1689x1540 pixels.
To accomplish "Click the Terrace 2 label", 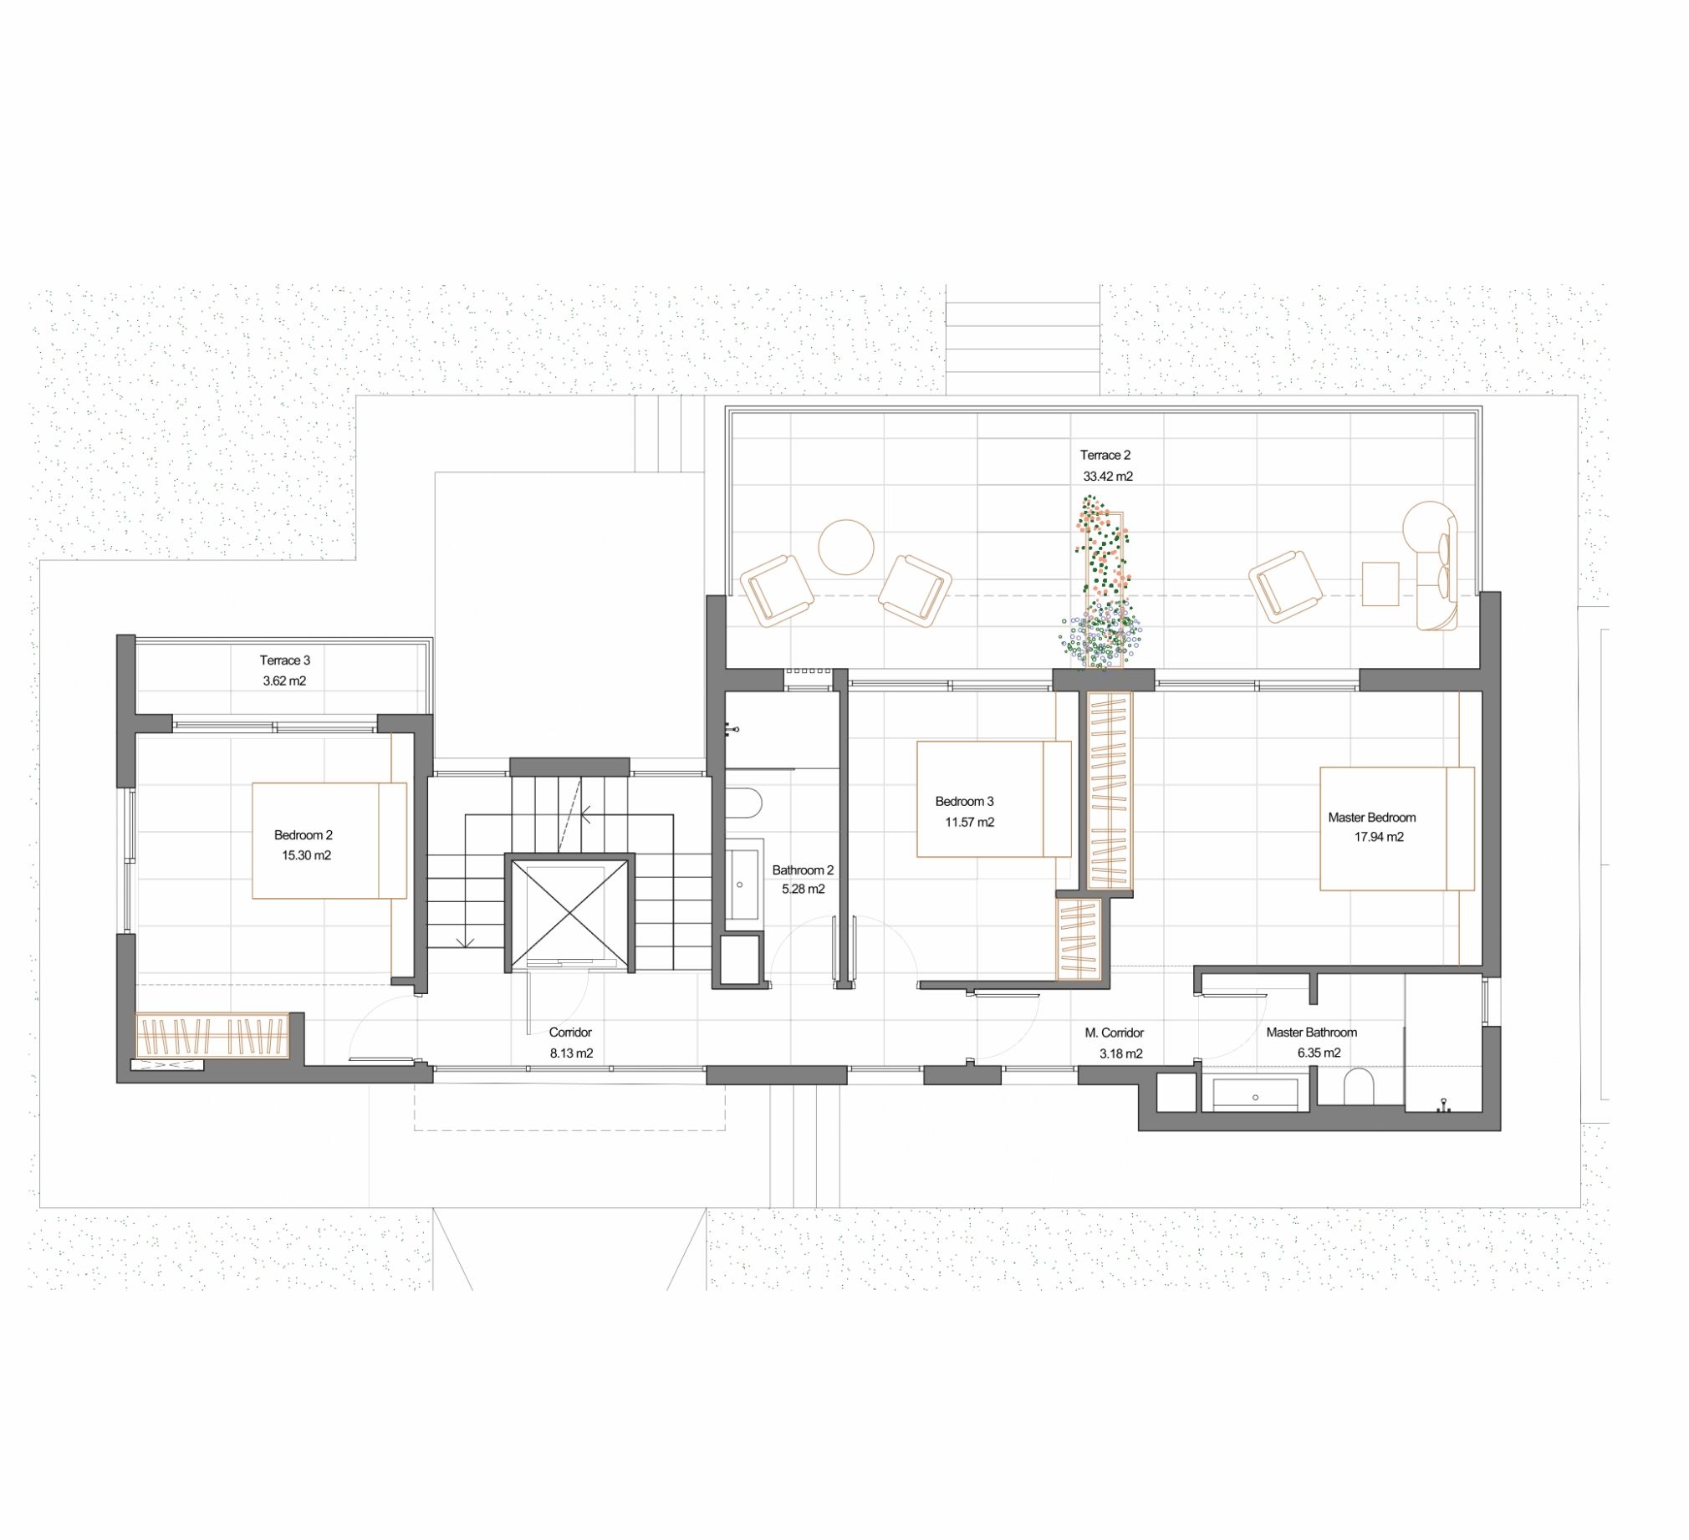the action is (1105, 455).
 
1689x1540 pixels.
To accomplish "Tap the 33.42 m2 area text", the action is (1108, 476).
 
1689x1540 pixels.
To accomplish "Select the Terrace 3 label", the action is (285, 660).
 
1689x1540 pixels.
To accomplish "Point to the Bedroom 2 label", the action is (304, 834).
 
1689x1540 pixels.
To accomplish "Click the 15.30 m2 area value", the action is (306, 855).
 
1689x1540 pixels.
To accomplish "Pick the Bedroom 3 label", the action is (964, 801).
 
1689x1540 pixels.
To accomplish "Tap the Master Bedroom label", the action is (1371, 817).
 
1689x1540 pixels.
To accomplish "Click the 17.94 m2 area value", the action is (1379, 836).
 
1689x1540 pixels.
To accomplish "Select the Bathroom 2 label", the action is (803, 869).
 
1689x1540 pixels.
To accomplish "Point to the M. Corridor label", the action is (1115, 1033).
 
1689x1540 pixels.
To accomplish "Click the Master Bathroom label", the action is (1311, 1033).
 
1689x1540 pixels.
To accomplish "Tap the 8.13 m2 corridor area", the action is (571, 1053).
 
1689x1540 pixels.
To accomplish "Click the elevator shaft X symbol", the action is (569, 912).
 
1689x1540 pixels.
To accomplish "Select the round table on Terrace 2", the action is (846, 547).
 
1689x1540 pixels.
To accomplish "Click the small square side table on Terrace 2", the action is (1380, 584).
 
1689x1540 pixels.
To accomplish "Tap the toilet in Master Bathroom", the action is (1359, 1088).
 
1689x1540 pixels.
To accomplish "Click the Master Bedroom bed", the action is (1396, 829).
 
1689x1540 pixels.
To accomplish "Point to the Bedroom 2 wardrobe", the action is (213, 1036).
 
